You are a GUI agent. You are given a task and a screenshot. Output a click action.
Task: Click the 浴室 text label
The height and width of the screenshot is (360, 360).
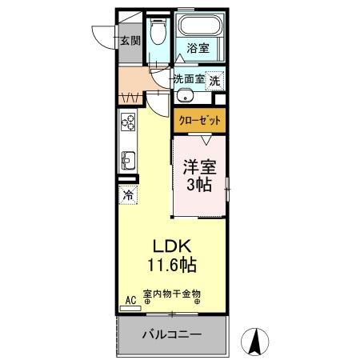tap(198, 47)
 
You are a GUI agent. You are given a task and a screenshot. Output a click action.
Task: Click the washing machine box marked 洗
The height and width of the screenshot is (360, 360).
tap(214, 81)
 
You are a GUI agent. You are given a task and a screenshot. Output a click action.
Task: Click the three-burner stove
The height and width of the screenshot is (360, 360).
tap(128, 122)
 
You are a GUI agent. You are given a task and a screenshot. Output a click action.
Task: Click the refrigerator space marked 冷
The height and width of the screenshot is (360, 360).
tap(128, 193)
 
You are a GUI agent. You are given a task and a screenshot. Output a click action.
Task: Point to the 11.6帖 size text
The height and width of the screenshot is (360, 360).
tap(172, 263)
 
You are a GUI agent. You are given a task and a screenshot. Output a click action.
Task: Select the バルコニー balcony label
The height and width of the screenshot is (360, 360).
tap(172, 334)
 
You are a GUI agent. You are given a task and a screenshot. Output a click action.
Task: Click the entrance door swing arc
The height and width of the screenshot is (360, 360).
tap(104, 36)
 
